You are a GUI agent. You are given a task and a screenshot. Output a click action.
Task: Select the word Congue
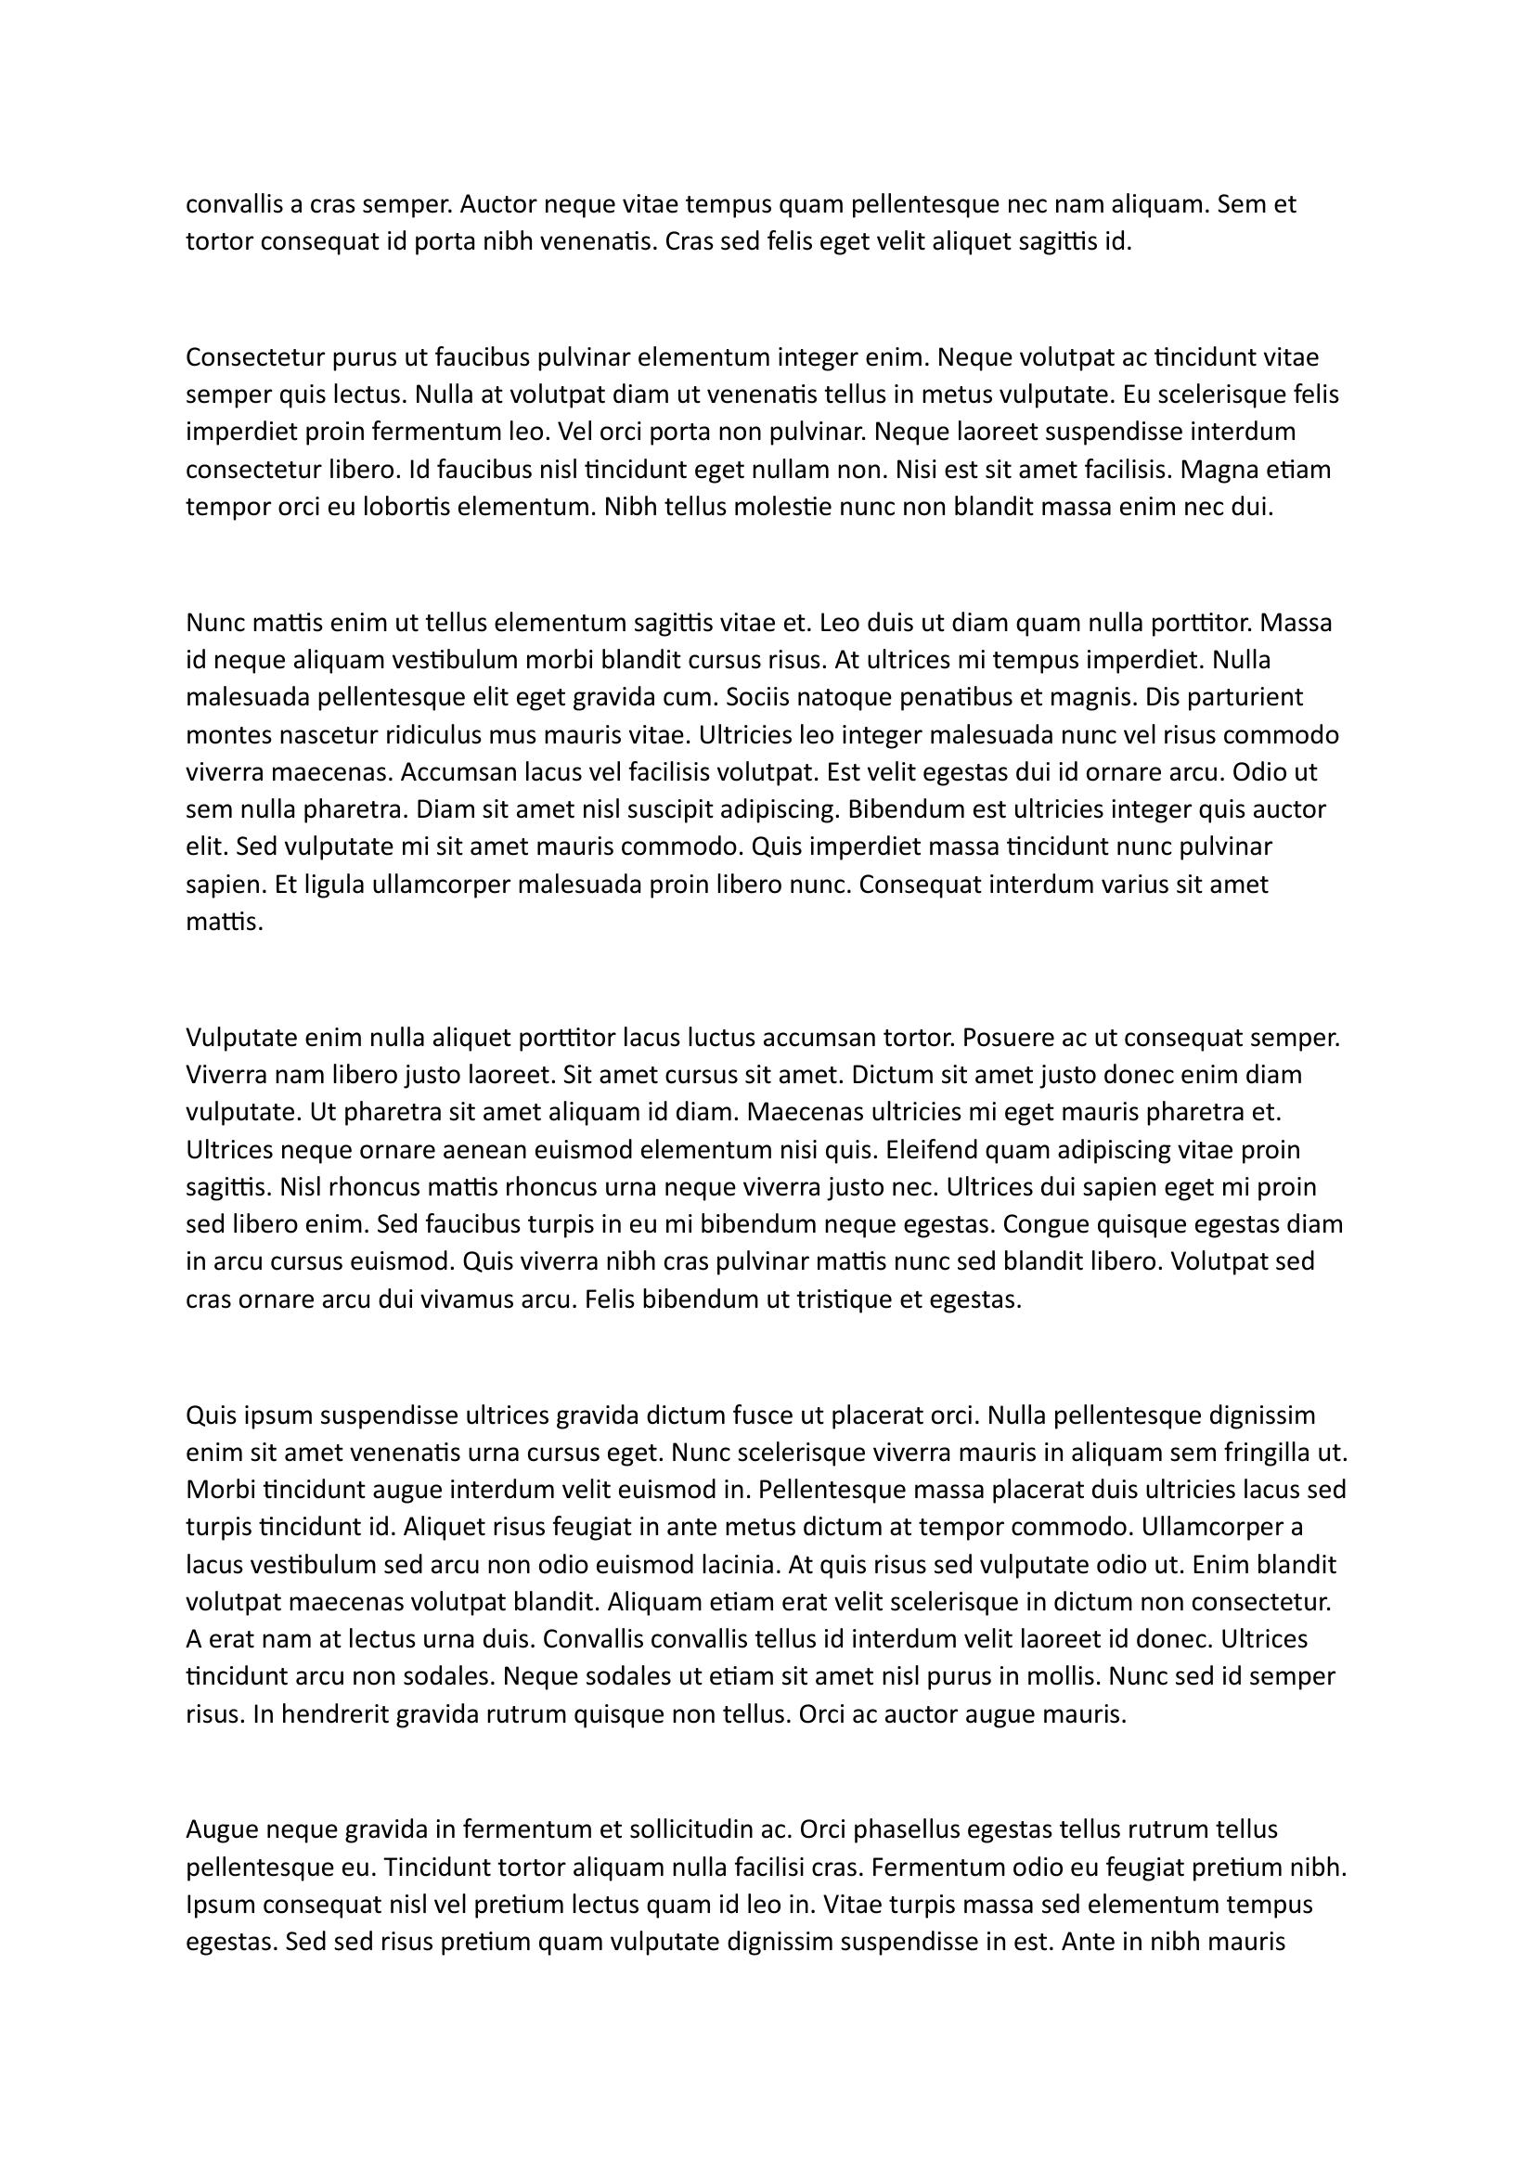(1042, 1225)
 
